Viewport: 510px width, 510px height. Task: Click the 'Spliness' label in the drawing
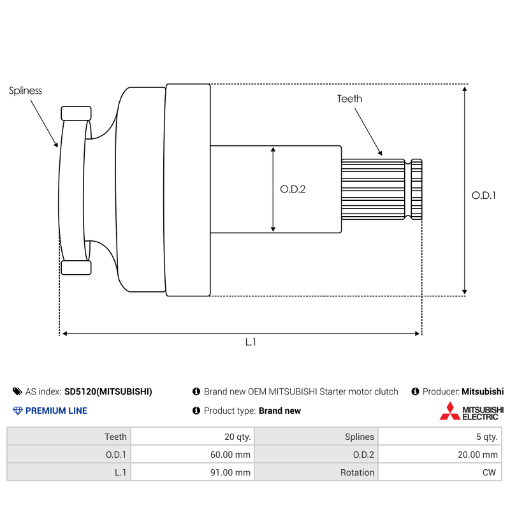click(x=25, y=91)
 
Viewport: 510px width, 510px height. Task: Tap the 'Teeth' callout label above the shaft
click(x=349, y=99)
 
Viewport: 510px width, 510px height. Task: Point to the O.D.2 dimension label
click(x=293, y=189)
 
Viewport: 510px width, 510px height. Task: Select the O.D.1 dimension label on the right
click(x=484, y=196)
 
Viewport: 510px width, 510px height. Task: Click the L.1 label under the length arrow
click(x=251, y=342)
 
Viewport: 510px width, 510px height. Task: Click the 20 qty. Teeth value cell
click(x=193, y=437)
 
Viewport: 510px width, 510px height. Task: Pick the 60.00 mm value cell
click(x=193, y=455)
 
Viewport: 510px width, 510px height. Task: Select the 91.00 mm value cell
click(x=193, y=472)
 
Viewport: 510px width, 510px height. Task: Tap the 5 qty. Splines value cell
click(x=440, y=437)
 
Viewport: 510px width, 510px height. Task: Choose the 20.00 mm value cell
click(x=440, y=455)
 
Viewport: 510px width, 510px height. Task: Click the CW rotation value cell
click(x=440, y=472)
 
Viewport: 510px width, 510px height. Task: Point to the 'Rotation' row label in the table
click(x=357, y=472)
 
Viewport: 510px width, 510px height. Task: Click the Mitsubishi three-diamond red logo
click(x=450, y=411)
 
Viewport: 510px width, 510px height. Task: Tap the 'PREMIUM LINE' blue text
click(x=56, y=411)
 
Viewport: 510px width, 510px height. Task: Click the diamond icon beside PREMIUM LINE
click(x=18, y=411)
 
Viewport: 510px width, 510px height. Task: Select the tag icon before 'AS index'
click(x=17, y=391)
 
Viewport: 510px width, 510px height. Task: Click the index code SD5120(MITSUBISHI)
click(x=108, y=391)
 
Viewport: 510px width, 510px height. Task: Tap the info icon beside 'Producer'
click(x=415, y=391)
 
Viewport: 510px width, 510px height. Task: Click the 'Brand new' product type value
click(x=280, y=411)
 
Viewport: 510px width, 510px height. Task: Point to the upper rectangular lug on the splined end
click(x=76, y=113)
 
